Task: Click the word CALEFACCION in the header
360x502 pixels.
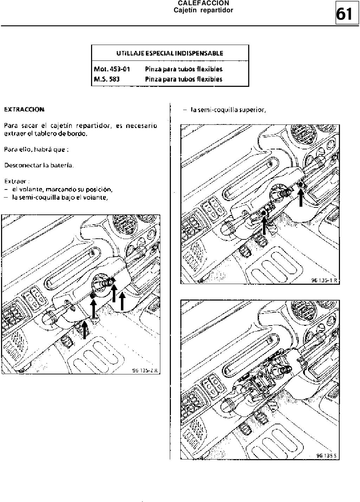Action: coord(204,3)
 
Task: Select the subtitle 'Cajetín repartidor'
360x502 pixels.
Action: coord(204,10)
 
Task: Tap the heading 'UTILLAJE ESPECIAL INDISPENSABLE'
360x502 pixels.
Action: coord(170,53)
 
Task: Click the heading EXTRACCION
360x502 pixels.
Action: coord(24,109)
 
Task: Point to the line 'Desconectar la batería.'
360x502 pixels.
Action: coord(39,165)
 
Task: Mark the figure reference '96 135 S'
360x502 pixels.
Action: coord(327,456)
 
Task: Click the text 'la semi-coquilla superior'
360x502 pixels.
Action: coord(228,110)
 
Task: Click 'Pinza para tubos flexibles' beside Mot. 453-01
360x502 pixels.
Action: coord(184,69)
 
